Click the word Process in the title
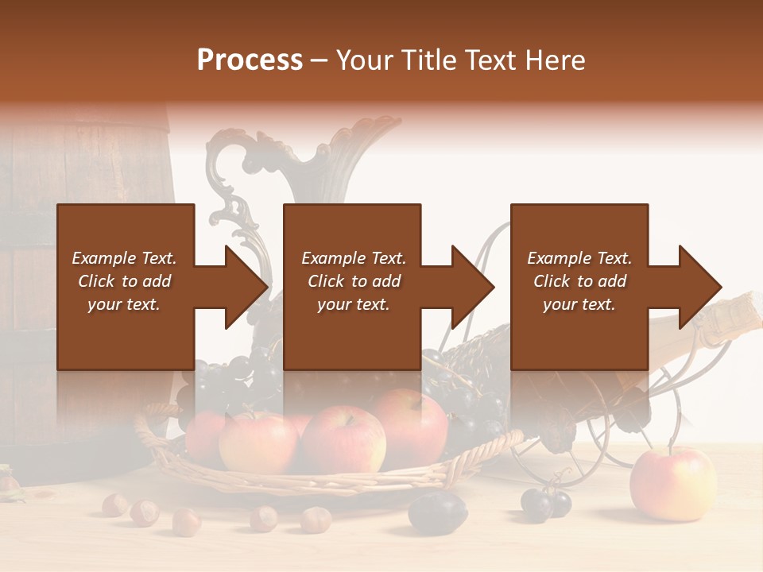[x=250, y=60]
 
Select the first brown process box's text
[x=125, y=281]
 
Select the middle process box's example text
[x=354, y=281]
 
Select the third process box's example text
[x=579, y=281]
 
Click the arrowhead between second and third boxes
[x=474, y=287]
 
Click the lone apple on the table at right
[x=672, y=484]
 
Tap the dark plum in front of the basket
[x=437, y=510]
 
